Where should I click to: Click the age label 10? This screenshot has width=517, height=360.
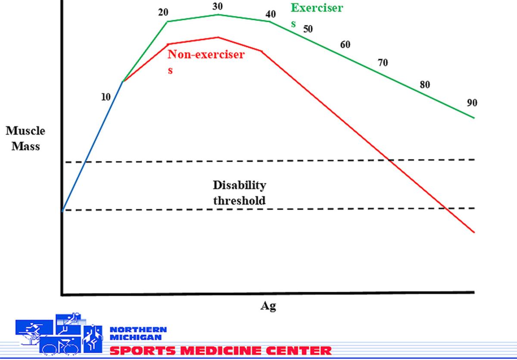[x=106, y=97]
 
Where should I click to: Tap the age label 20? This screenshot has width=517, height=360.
[x=163, y=12]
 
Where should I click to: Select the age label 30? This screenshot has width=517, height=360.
[x=218, y=6]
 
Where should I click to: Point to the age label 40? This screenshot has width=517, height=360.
[x=271, y=14]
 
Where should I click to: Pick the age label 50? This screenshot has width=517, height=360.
[x=308, y=29]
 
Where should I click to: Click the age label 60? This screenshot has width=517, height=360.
[x=345, y=44]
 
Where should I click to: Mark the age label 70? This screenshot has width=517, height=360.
[x=383, y=63]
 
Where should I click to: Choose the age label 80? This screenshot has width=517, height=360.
[x=425, y=85]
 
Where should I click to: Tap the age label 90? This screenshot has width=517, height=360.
[x=472, y=103]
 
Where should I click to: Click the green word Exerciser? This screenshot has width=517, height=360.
[x=317, y=8]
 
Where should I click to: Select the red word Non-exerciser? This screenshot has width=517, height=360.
[x=206, y=54]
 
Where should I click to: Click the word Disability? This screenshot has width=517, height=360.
[x=240, y=185]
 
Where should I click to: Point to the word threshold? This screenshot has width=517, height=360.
[x=240, y=200]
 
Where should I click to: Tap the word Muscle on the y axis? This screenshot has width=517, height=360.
[x=25, y=131]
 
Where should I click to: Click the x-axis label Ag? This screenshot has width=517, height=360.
[x=268, y=307]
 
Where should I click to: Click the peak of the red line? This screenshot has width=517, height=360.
[x=218, y=37]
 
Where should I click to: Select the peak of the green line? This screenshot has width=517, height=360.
[x=218, y=15]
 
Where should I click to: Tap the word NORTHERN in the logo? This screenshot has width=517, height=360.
[x=138, y=329]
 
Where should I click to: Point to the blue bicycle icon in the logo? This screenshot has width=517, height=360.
[x=60, y=346]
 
